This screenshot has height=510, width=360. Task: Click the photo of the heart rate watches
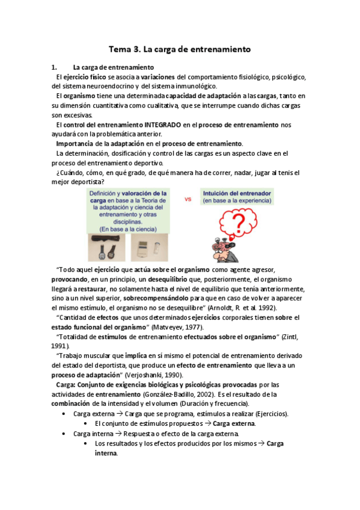(x=107, y=247)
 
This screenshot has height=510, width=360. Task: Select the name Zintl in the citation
(x=293, y=337)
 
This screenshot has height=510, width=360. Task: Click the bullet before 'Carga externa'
(x=64, y=414)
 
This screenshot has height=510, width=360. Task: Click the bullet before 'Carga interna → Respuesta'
(x=64, y=433)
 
